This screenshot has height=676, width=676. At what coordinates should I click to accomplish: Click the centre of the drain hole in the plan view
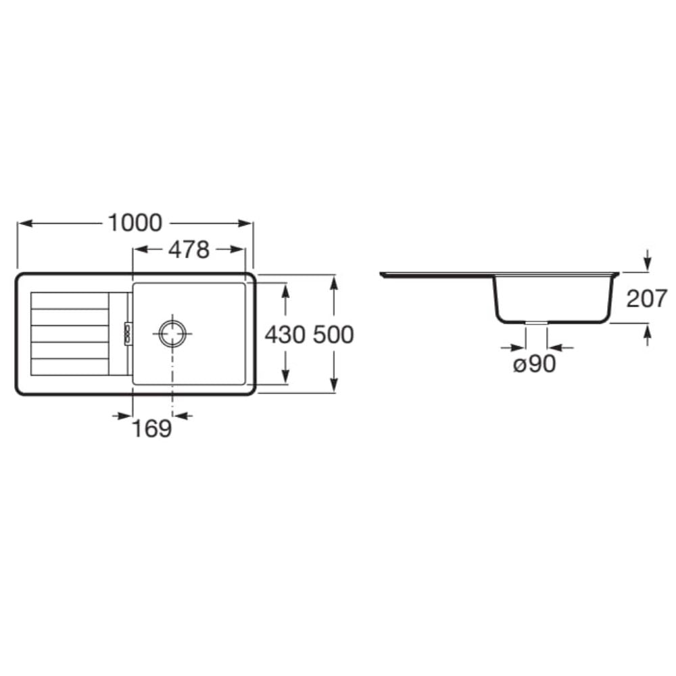pos(173,333)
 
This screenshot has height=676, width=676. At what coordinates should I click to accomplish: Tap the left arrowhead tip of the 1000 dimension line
pos(18,223)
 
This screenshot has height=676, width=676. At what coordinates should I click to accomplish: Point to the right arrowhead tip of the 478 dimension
pos(245,249)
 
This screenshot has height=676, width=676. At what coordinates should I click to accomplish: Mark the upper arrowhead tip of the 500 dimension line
pos(334,275)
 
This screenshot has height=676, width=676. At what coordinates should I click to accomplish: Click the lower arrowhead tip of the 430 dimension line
pos(285,384)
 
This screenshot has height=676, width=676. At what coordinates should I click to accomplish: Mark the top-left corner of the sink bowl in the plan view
pos(133,283)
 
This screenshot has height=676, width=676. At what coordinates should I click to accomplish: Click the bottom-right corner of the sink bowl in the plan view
pos(245,384)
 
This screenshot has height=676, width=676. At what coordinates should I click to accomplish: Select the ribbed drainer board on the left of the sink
pos(70,334)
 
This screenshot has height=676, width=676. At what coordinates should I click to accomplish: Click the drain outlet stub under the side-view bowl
pos(536,322)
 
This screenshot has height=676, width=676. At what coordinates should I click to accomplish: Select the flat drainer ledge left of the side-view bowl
pos(436,274)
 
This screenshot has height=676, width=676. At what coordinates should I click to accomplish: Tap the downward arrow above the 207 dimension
pos(647,260)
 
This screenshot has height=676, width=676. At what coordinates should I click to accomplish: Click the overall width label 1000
pos(135,223)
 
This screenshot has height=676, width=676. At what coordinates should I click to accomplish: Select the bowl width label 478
pos(189,250)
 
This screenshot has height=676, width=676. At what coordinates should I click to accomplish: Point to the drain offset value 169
pos(151,429)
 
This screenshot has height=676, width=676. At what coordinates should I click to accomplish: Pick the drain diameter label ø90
pos(535,364)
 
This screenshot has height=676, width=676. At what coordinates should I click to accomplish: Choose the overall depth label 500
pos(333,335)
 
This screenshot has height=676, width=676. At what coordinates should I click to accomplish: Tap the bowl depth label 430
pos(285,335)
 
